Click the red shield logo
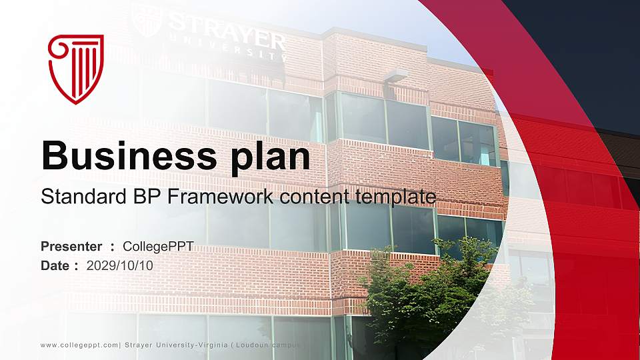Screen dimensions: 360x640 pos(76,69)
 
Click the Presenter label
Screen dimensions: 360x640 pos(71,247)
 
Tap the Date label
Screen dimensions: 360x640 pos(55,265)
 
